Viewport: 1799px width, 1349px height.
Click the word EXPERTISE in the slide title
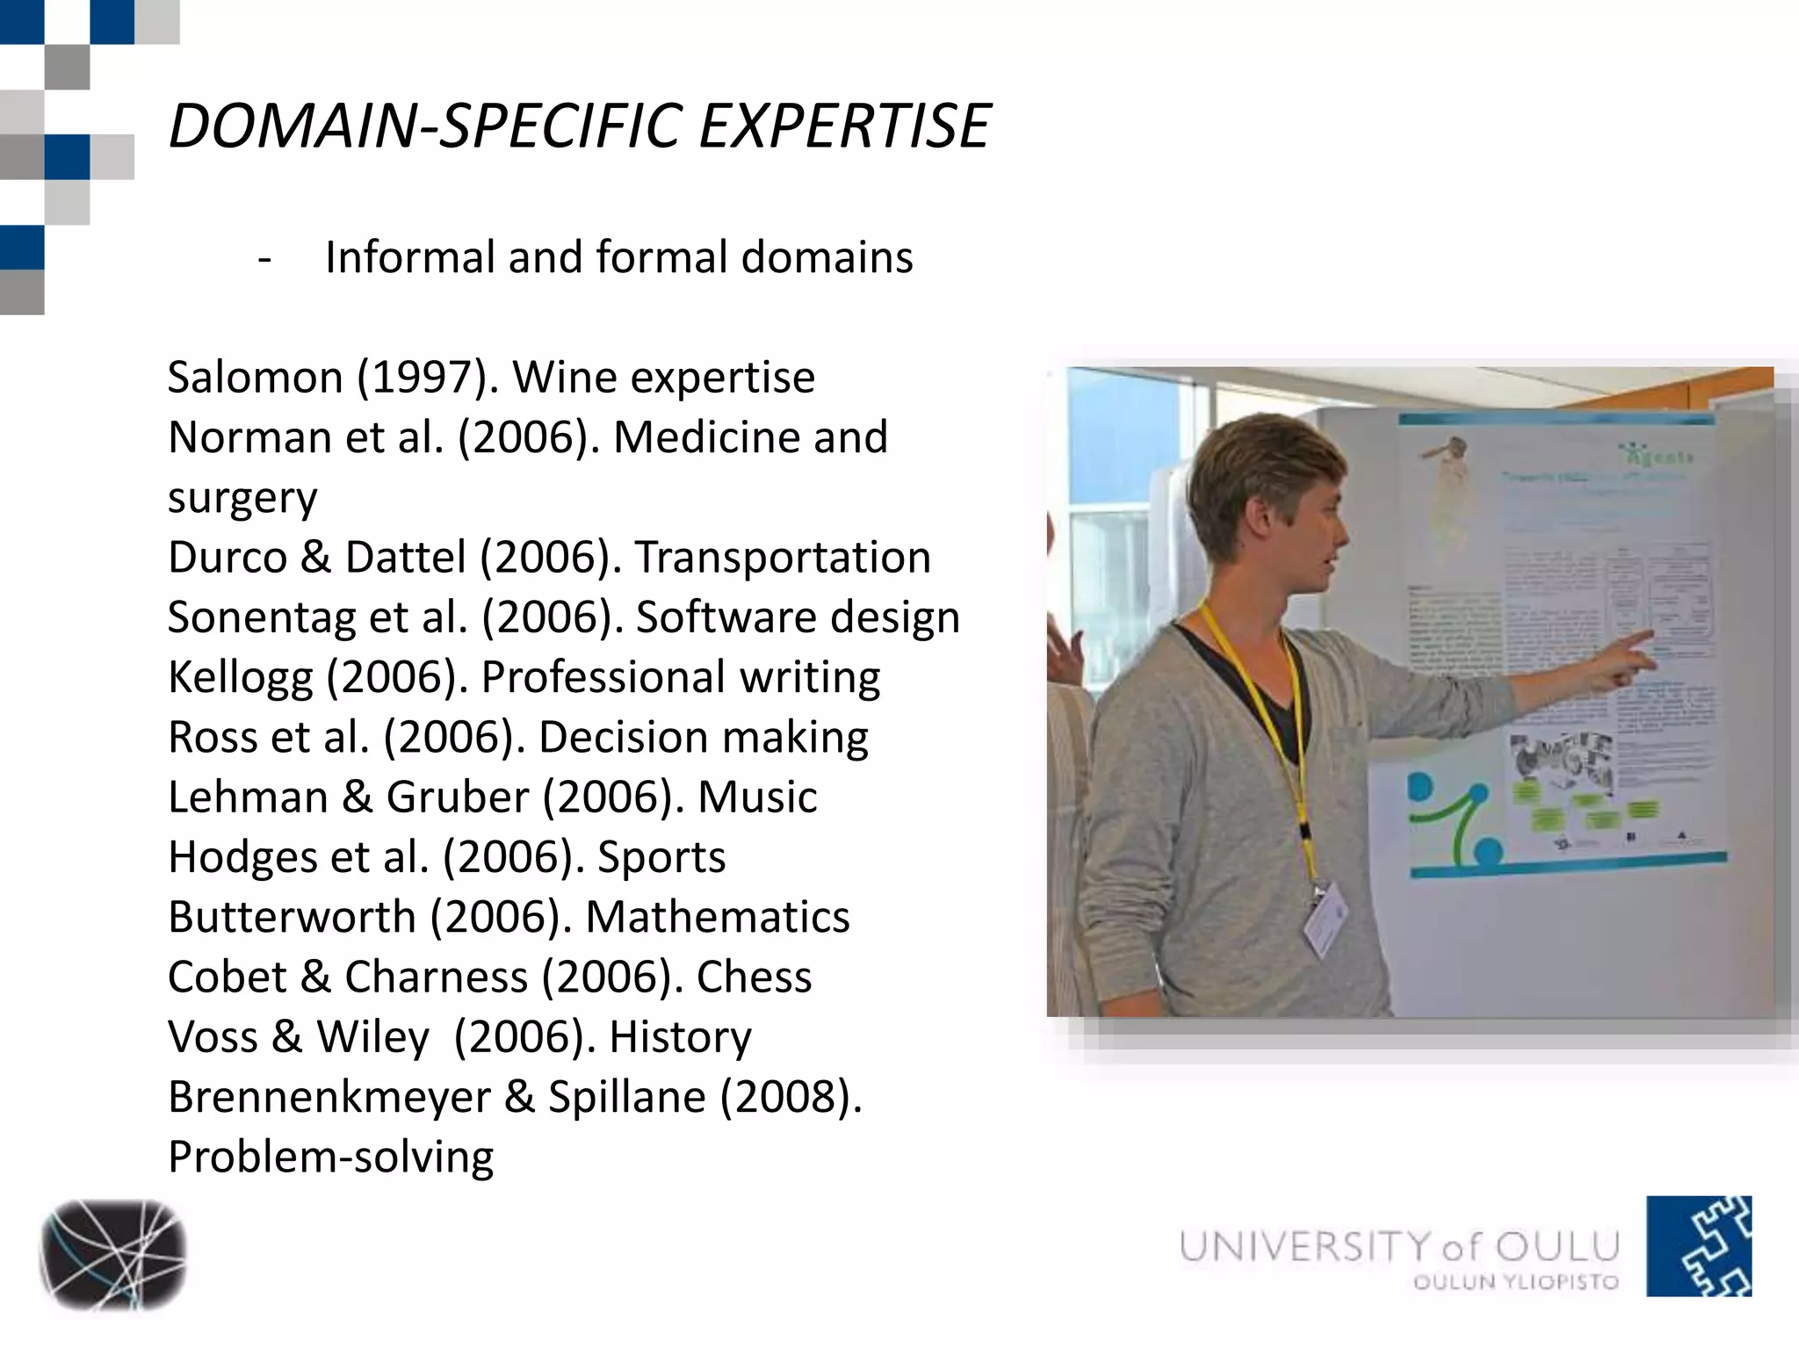(x=844, y=126)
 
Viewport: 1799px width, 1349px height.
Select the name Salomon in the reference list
(x=255, y=378)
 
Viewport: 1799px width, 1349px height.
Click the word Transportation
(x=783, y=558)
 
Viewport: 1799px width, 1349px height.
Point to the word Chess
(x=754, y=977)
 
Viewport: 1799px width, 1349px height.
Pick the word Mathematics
(x=718, y=918)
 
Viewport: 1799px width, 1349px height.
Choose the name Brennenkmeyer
(x=329, y=1098)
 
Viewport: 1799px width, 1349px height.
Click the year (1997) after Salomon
(x=428, y=378)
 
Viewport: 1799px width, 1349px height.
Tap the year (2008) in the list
(x=791, y=1098)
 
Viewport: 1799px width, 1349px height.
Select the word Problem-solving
(x=330, y=1158)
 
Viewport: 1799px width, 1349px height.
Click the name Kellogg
(x=240, y=678)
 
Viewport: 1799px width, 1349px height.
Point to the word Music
(x=757, y=797)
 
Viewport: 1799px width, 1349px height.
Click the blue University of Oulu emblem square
(x=1698, y=1245)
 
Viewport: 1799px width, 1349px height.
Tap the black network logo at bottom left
(x=112, y=1254)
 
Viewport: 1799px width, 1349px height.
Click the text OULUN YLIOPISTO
(x=1516, y=1282)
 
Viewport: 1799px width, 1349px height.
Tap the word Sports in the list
(x=661, y=858)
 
